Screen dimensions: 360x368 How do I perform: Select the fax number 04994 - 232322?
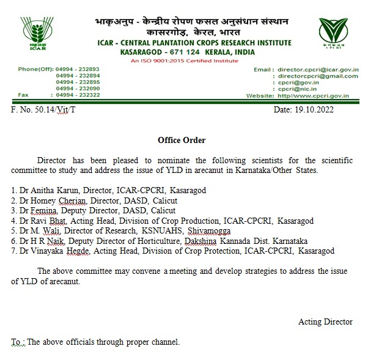78,96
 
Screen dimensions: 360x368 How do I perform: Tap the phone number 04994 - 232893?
78,70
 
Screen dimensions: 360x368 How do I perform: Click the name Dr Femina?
33,210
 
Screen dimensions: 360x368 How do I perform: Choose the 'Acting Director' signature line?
325,321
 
